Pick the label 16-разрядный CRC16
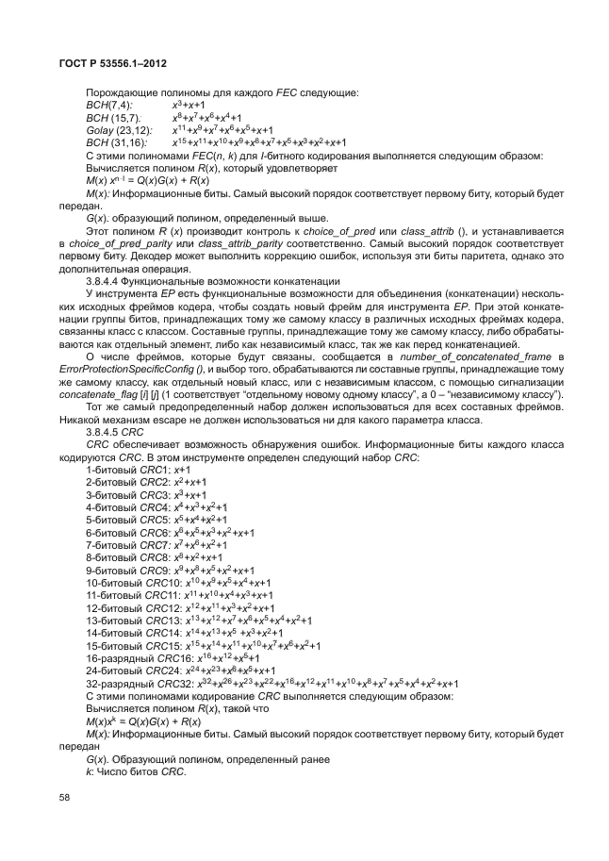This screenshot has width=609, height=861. click(x=125, y=657)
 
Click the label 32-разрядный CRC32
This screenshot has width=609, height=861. click(x=125, y=682)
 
